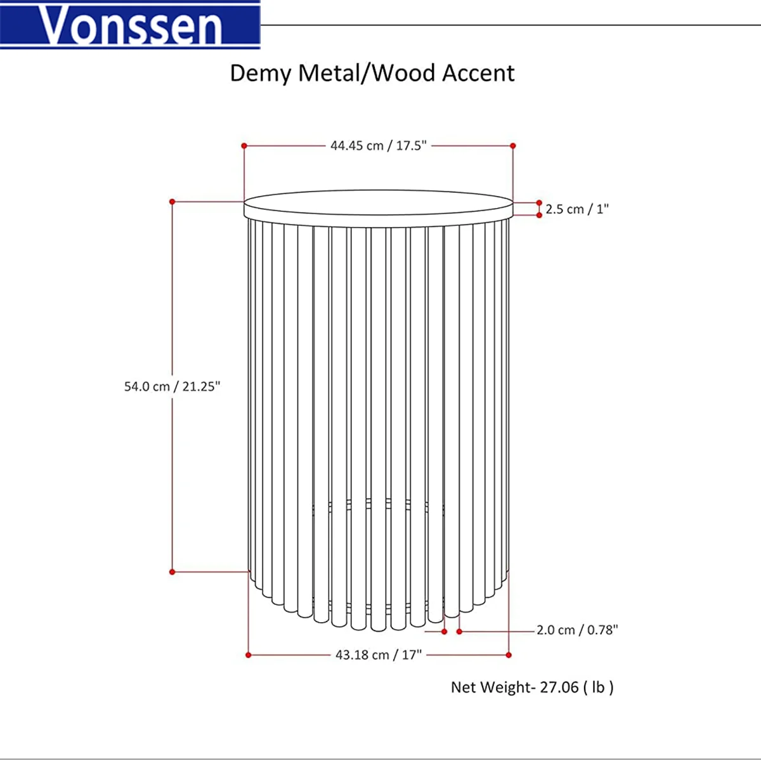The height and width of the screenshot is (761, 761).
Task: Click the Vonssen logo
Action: tap(130, 25)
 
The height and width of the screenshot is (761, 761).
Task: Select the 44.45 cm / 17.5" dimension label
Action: tap(379, 146)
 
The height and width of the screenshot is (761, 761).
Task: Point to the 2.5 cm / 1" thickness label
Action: tap(577, 209)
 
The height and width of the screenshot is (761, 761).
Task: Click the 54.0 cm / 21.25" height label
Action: tap(172, 386)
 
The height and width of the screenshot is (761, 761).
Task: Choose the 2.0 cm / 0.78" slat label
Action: tap(577, 630)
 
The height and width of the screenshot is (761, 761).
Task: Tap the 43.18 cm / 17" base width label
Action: tap(379, 654)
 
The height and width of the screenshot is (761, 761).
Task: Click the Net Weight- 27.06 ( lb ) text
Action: tap(532, 687)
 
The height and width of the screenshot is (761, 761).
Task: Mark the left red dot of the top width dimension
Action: tap(244, 146)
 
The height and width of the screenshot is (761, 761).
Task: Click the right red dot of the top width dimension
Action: tap(513, 146)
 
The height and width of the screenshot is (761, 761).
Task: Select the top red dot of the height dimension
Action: tap(172, 202)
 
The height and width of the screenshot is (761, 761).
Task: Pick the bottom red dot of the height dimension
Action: tap(172, 572)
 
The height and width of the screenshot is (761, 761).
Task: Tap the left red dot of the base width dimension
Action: tap(249, 654)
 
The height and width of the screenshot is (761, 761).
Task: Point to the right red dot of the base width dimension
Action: tap(509, 654)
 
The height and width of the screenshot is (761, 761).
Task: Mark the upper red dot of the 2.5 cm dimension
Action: tap(540, 203)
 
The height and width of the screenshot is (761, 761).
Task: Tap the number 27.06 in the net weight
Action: tap(559, 687)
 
